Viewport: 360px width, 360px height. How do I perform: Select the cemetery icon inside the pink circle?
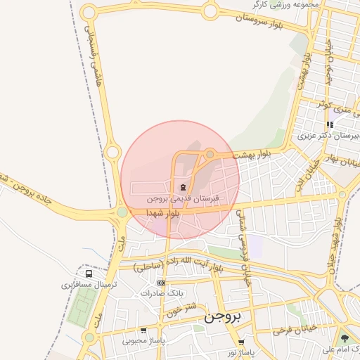pos(183,187)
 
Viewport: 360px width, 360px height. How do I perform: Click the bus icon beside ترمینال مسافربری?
pos(89,273)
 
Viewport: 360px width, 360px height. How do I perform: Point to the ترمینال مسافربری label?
pos(87,285)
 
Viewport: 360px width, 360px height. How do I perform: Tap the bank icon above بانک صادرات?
pos(161,282)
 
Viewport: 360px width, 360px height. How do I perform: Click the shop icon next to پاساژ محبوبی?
pos(143,330)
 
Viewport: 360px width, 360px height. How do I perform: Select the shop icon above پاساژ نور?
pos(241,342)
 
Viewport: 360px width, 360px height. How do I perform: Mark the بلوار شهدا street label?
pos(163,212)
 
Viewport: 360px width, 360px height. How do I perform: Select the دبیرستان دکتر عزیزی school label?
pos(328,135)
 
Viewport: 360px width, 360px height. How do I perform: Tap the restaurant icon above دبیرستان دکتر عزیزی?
pos(330,124)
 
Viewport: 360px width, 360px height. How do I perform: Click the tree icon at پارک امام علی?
pos(344,338)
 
